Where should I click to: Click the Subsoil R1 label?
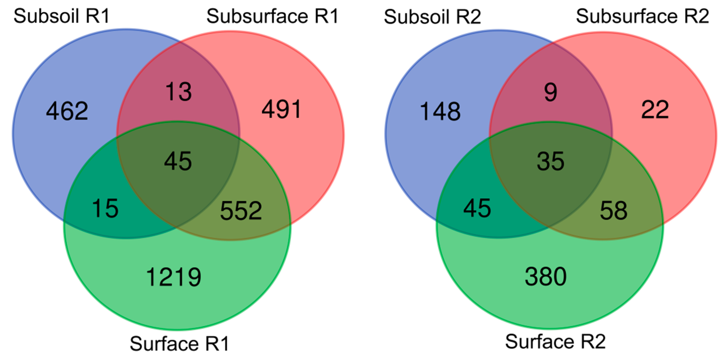pyautogui.click(x=61, y=16)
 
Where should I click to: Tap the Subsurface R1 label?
pyautogui.click(x=272, y=16)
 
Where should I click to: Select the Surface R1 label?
pyautogui.click(x=179, y=344)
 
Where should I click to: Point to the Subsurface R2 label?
pyautogui.click(x=642, y=16)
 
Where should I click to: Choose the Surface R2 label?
pyautogui.click(x=555, y=342)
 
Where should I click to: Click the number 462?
pyautogui.click(x=67, y=111)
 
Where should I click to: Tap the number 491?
pyautogui.click(x=282, y=109)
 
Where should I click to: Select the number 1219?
pyautogui.click(x=174, y=277)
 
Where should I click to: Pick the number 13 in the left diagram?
pyautogui.click(x=178, y=92)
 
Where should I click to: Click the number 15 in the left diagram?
pyautogui.click(x=105, y=209)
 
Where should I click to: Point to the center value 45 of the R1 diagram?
pyautogui.click(x=178, y=161)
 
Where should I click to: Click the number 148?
pyautogui.click(x=440, y=112)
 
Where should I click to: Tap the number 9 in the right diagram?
pyautogui.click(x=550, y=92)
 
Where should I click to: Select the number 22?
pyautogui.click(x=655, y=109)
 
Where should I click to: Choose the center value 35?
pyautogui.click(x=550, y=161)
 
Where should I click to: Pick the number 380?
pyautogui.click(x=546, y=277)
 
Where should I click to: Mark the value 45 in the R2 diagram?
pyautogui.click(x=477, y=209)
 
